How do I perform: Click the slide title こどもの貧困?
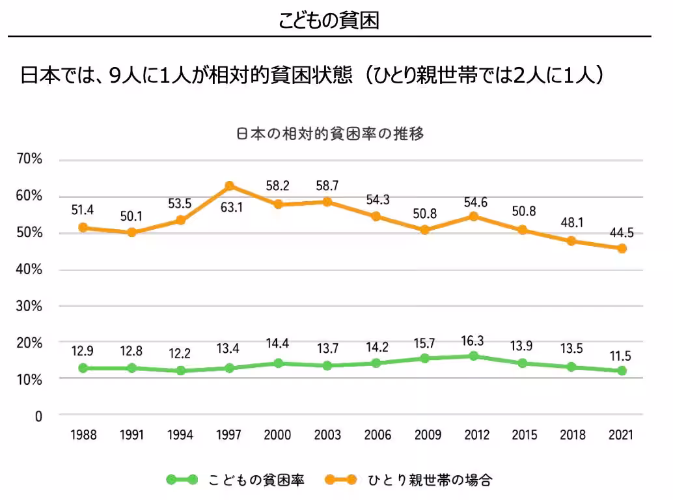click(329, 20)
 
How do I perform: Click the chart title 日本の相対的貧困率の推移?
click(329, 135)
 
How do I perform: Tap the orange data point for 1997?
click(229, 186)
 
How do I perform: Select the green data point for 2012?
click(473, 356)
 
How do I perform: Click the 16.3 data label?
click(473, 339)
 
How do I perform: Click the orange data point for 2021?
click(622, 248)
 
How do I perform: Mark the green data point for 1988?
click(83, 368)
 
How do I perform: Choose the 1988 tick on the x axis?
click(83, 435)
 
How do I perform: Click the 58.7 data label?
click(327, 186)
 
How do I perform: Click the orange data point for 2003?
click(327, 202)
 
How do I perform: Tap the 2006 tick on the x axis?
click(376, 435)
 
